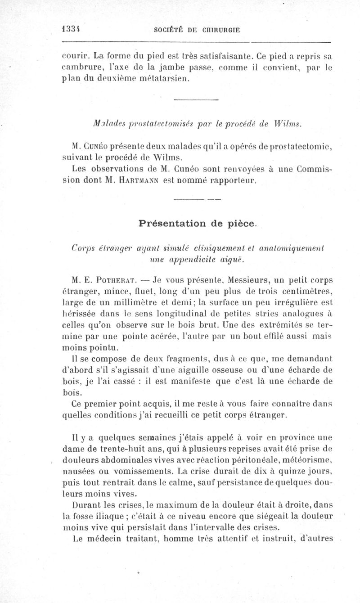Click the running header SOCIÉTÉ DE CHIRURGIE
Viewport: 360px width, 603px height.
196,30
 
